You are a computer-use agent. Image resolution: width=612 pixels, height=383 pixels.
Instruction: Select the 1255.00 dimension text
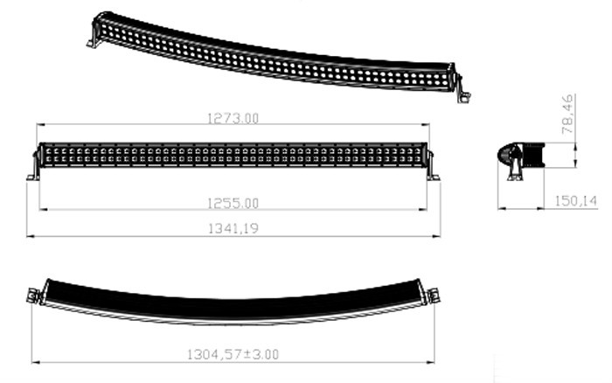(x=233, y=203)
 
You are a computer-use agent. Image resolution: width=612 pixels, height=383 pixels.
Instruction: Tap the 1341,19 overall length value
(x=233, y=227)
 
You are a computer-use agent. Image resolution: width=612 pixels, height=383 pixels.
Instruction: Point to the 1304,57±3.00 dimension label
(x=233, y=354)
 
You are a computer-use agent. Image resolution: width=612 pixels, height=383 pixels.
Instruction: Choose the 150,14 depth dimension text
(x=576, y=201)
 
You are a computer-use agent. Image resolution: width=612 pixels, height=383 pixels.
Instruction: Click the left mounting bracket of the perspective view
(x=92, y=39)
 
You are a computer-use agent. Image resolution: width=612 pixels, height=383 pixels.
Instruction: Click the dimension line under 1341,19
(x=233, y=236)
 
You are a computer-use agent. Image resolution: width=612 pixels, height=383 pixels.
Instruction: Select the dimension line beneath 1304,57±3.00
(x=233, y=363)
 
